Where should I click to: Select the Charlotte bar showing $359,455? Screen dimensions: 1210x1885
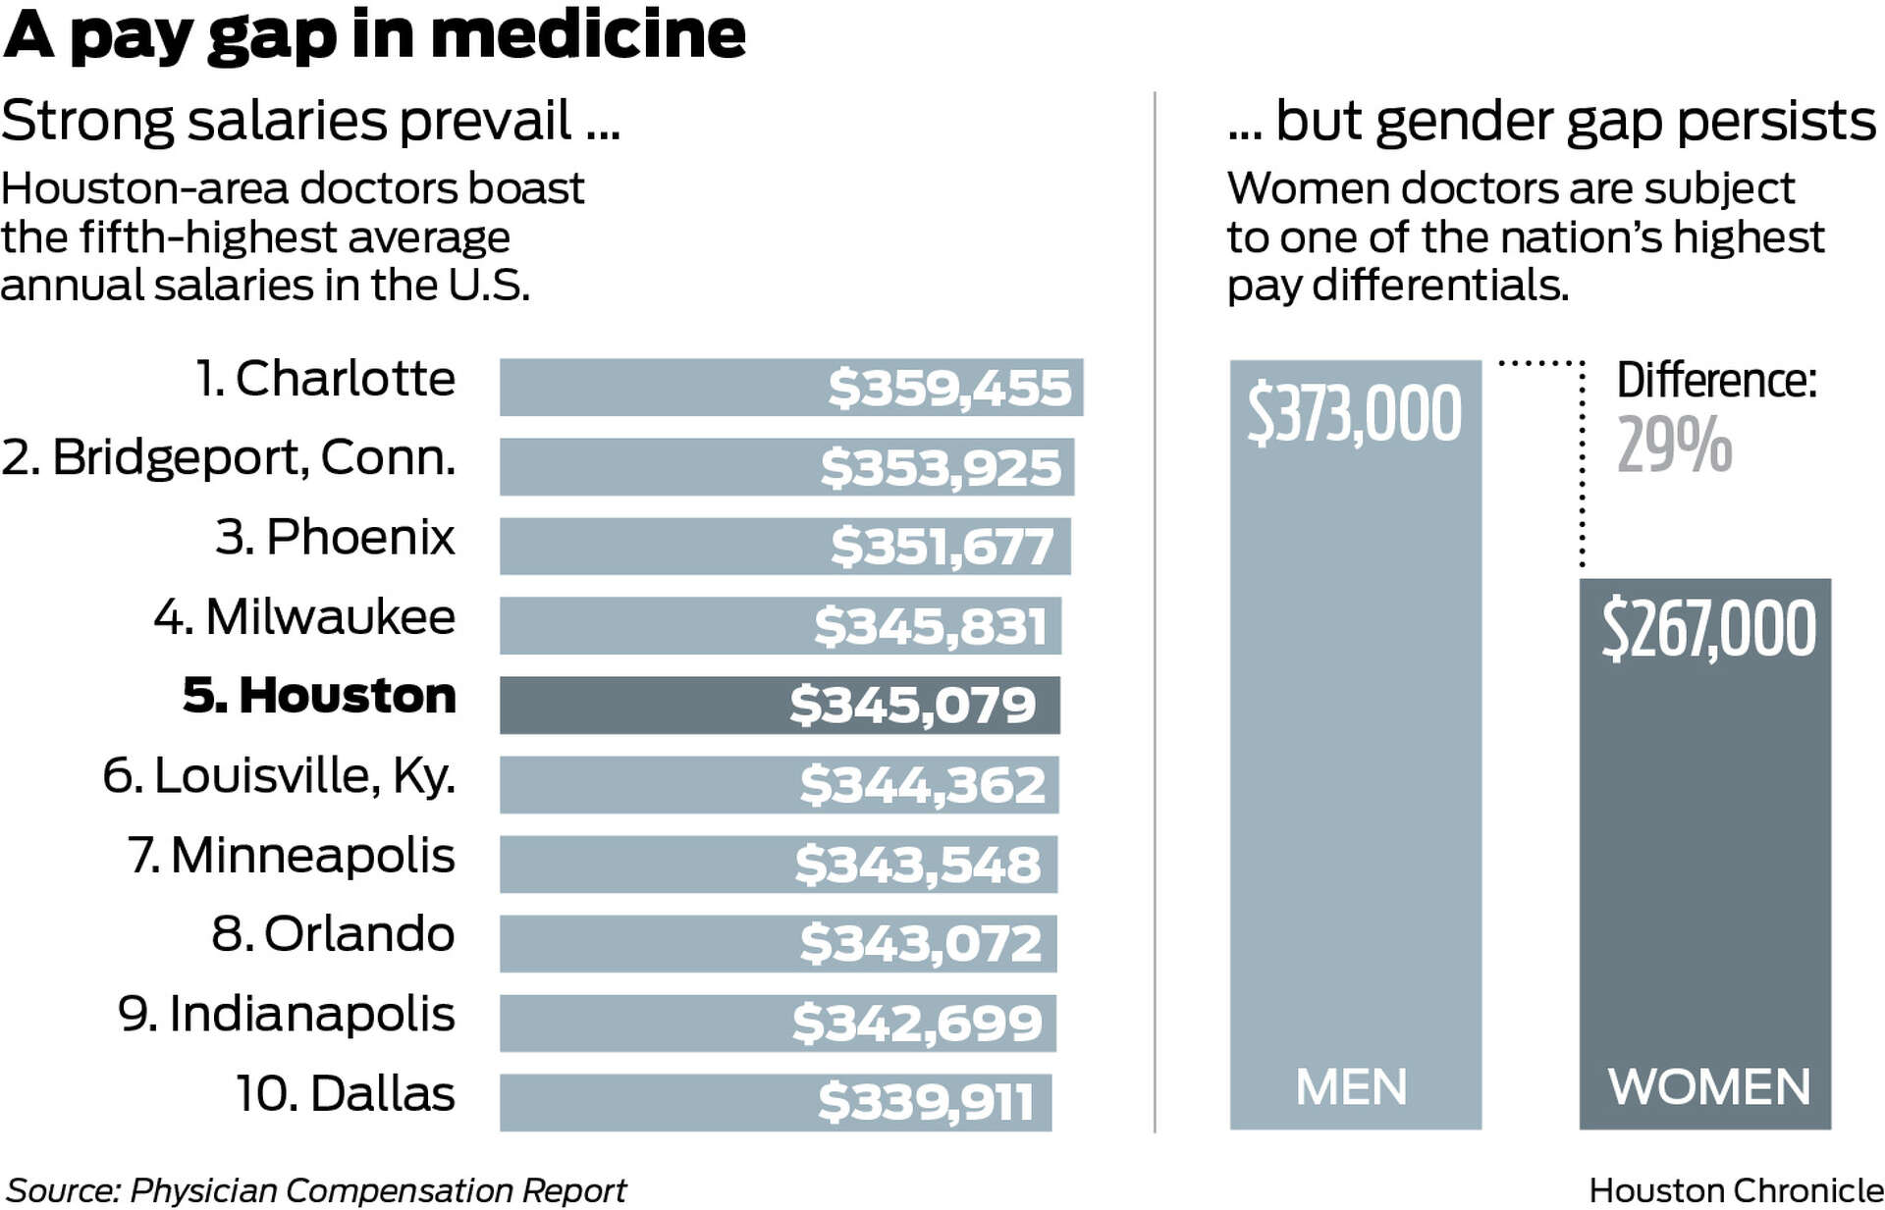[790, 388]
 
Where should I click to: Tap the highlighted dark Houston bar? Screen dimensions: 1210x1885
[779, 705]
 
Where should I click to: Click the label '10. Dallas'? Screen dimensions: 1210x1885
[345, 1093]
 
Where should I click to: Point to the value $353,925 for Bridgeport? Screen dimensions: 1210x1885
[941, 467]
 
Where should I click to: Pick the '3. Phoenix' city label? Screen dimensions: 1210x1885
[335, 537]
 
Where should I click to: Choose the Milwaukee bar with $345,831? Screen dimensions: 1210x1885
[780, 626]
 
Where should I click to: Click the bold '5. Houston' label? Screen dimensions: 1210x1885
[319, 696]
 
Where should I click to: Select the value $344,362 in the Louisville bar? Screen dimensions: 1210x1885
[922, 785]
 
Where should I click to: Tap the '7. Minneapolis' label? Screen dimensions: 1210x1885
[292, 855]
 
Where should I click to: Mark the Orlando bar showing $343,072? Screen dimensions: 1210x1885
[778, 943]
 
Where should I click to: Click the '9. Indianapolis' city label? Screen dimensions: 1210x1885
[286, 1014]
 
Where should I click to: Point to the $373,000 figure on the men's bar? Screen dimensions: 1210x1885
[1354, 414]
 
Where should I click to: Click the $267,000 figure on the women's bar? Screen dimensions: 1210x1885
[1708, 630]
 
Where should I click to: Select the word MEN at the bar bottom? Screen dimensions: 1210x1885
[1351, 1087]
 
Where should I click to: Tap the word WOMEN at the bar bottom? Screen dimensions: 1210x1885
[1708, 1087]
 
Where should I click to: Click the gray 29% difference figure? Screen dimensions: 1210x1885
[1674, 446]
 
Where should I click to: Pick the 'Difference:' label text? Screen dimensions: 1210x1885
[1716, 380]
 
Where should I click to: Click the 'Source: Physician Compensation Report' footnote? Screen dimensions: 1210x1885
[316, 1190]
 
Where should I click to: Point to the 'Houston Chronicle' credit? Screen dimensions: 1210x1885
[1735, 1190]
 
